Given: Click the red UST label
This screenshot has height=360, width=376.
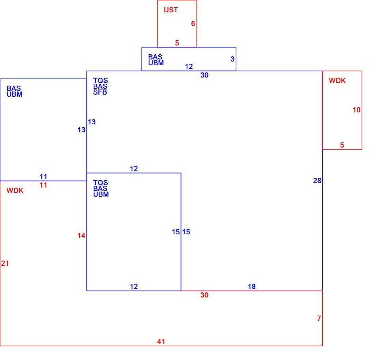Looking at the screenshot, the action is (171, 10).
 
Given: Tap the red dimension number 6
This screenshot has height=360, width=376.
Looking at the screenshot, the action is (193, 24).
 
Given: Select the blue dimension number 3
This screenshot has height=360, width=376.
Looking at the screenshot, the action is (232, 59).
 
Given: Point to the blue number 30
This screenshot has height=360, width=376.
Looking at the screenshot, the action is (204, 75).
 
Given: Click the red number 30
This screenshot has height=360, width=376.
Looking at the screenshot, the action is (204, 295).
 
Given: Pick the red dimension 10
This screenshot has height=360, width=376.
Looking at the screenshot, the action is (357, 110).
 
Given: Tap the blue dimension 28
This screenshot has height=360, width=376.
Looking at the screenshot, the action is (317, 181).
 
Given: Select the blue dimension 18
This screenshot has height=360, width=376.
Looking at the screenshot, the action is (252, 287).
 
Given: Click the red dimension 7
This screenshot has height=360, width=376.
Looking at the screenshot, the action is (319, 318).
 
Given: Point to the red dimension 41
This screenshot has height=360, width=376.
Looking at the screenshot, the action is (161, 342).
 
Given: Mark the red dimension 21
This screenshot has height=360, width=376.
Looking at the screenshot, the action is (5, 263).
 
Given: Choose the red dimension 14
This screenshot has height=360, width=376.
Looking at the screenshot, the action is (81, 236).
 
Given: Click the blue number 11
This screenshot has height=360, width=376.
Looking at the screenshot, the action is (43, 177).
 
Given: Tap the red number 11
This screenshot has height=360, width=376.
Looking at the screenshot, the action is (43, 185).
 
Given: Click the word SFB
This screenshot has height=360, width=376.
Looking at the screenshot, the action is (100, 92).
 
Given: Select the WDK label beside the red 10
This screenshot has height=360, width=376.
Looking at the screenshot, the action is (337, 81).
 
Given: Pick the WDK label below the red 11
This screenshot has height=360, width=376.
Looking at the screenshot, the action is (15, 191).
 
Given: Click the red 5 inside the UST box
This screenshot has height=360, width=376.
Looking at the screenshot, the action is (177, 43).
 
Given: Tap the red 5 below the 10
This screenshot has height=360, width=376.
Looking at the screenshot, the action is (342, 145).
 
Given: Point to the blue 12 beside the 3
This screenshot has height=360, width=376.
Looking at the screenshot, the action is (189, 67).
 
